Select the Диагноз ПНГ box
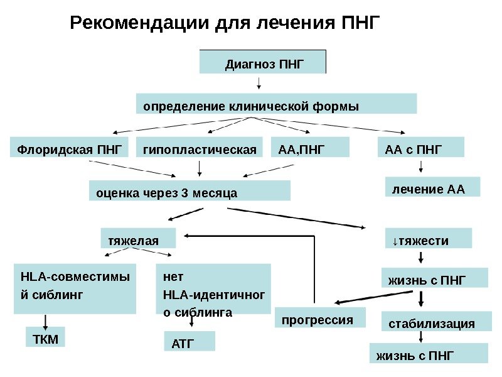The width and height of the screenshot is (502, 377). (263, 62)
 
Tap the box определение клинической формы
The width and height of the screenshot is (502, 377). (276, 104)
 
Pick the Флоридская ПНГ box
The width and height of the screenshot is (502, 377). (70, 148)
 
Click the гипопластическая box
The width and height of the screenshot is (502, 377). (200, 148)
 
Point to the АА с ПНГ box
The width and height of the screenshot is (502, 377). (420, 148)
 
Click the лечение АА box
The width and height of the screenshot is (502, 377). (432, 187)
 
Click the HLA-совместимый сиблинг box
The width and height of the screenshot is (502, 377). (75, 289)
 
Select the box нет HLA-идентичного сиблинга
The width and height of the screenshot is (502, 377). (213, 290)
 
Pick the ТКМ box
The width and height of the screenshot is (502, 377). (45, 337)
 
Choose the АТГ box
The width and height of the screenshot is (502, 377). (189, 341)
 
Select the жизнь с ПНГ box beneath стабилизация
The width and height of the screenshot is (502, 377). (429, 353)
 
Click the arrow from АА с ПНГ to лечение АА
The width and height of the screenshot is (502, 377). (420, 167)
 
